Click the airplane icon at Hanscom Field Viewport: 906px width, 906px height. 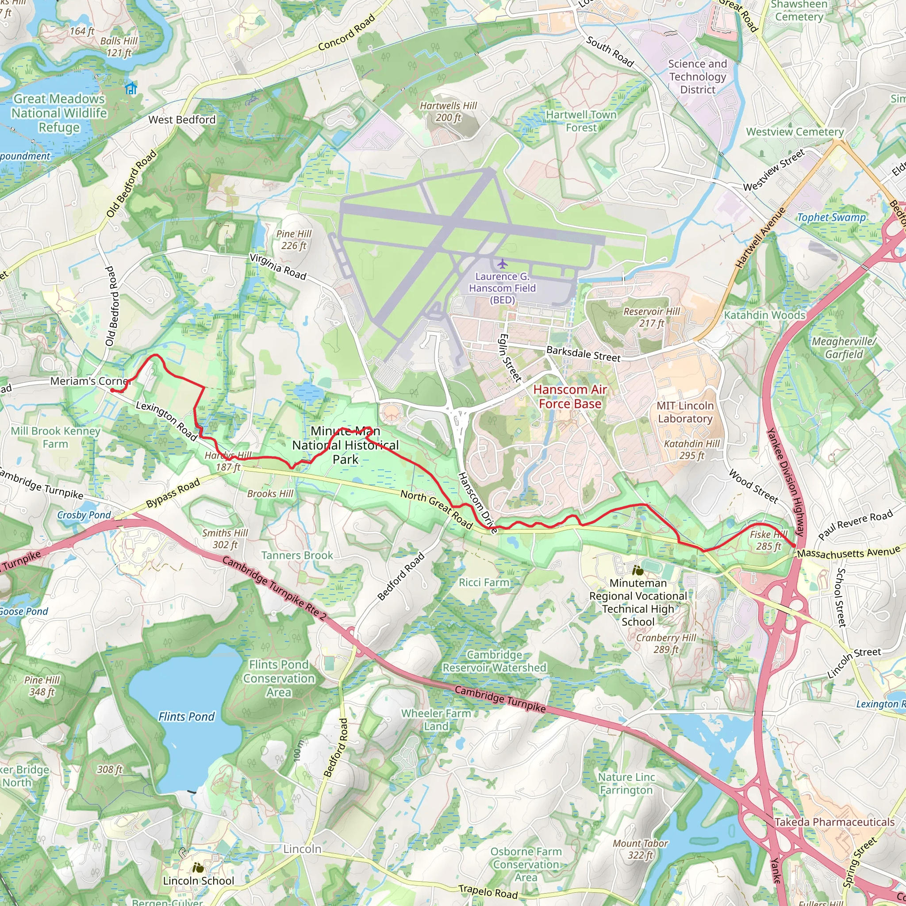pyautogui.click(x=502, y=264)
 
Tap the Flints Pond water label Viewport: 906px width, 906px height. pyautogui.click(x=186, y=717)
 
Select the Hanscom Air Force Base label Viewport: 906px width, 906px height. pyautogui.click(x=570, y=397)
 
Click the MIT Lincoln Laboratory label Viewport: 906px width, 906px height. pyautogui.click(x=685, y=412)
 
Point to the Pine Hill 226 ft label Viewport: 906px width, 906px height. pyautogui.click(x=294, y=240)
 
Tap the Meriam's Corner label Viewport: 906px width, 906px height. pyautogui.click(x=89, y=381)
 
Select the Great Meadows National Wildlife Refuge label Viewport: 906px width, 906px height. pyautogui.click(x=59, y=113)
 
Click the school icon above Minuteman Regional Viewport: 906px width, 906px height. pyautogui.click(x=637, y=571)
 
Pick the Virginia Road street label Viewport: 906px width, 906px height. pyautogui.click(x=278, y=267)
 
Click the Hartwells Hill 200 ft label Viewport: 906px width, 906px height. pyautogui.click(x=448, y=111)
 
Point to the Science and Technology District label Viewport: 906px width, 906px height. pyautogui.click(x=697, y=77)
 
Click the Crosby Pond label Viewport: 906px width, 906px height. pyautogui.click(x=84, y=515)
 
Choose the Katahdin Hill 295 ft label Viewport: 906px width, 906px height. pyautogui.click(x=692, y=450)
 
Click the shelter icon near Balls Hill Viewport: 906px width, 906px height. pyautogui.click(x=131, y=88)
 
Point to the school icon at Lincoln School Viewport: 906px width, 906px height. pyautogui.click(x=198, y=868)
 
